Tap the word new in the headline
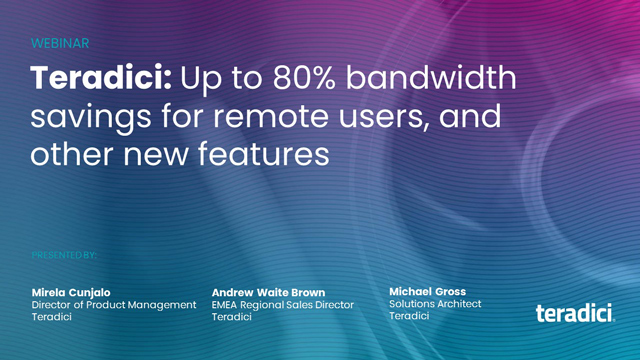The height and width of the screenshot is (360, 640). pos(149,155)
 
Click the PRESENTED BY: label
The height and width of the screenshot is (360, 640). pos(64,255)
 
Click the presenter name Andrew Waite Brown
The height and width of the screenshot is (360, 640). pos(268,292)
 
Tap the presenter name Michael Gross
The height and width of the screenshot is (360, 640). pos(427,291)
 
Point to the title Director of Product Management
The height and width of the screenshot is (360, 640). pos(114,305)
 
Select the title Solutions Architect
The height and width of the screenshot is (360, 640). pos(435,304)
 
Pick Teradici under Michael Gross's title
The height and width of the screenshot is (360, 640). pos(409,316)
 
